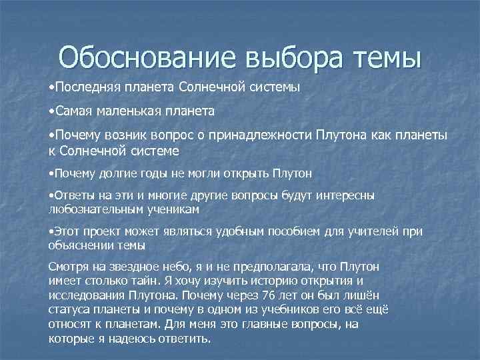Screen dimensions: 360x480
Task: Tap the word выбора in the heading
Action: (293, 57)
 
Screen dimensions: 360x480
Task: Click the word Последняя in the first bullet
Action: (81, 87)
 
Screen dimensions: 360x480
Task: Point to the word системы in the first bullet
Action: (273, 87)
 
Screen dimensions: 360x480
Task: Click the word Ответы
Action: (74, 196)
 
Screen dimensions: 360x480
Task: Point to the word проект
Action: (101, 231)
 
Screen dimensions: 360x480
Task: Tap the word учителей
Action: (367, 231)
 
